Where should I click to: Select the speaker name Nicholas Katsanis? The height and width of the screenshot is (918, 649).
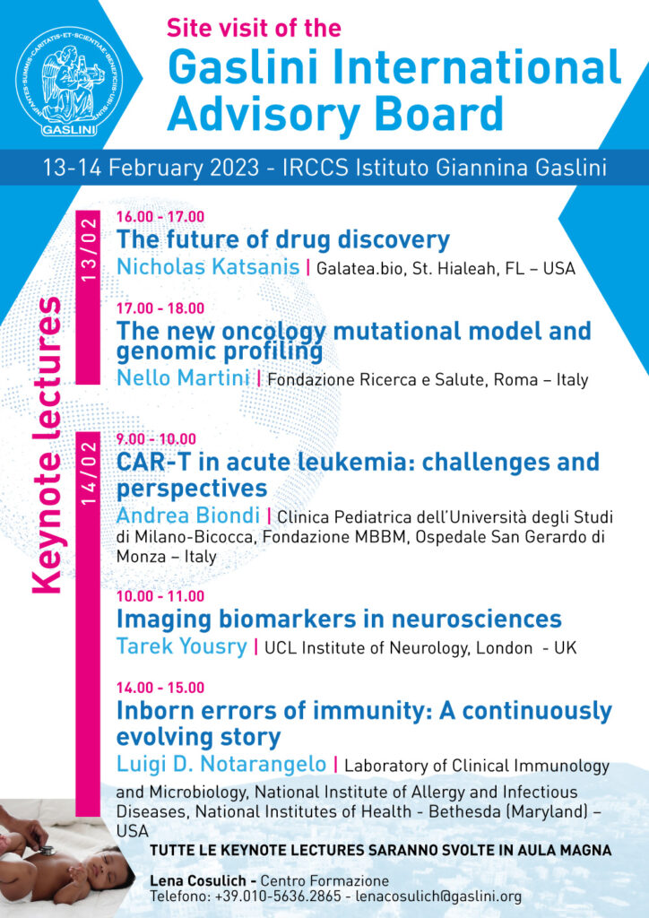tap(208, 267)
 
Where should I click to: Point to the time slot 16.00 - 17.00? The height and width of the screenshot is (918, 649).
tap(160, 217)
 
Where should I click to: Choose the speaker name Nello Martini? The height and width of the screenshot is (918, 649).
tap(183, 378)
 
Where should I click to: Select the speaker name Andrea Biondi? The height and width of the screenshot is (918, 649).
tap(188, 515)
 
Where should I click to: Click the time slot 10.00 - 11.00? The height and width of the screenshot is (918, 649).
tap(160, 596)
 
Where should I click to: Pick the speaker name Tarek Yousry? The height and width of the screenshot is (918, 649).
tap(181, 647)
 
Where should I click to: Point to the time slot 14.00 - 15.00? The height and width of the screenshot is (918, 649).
tap(160, 688)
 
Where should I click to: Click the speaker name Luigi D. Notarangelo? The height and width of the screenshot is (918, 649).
tap(221, 764)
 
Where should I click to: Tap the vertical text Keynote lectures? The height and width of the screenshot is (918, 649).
tap(47, 446)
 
